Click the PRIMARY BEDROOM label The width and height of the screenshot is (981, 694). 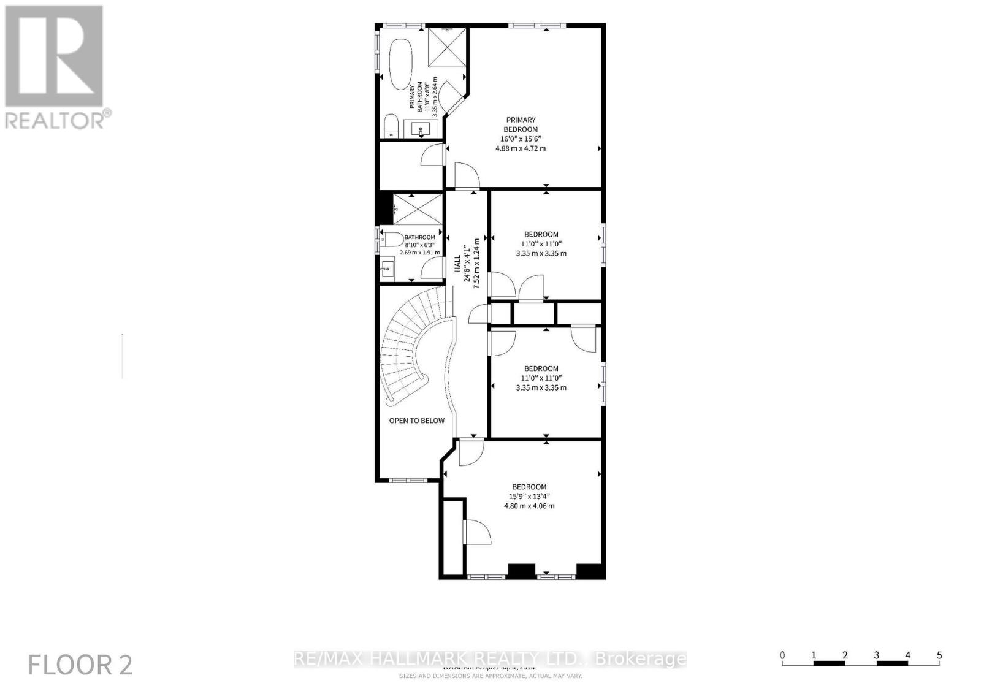point(521,124)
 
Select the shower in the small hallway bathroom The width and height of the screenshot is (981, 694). point(417,208)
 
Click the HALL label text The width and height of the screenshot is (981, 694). point(457,264)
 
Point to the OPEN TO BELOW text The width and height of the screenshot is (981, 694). point(417,421)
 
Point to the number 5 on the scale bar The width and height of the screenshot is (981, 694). point(939,655)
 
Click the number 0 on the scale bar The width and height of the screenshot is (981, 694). point(782,655)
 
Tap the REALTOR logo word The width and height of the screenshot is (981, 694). point(55,120)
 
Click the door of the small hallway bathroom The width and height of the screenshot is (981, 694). point(433,268)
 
